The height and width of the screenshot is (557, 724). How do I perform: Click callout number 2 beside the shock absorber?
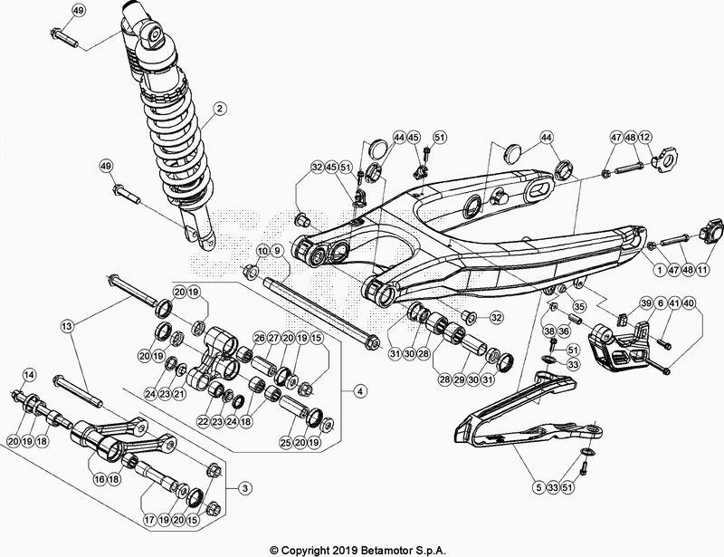pos(219,111)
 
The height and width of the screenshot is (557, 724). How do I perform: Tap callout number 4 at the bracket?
pos(360,391)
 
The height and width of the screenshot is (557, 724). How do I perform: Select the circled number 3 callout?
pos(243,487)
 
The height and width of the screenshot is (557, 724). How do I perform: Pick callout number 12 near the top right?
pos(645,138)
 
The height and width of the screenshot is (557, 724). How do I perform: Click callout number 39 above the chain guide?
pos(646,303)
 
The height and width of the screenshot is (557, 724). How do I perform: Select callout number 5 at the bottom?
pos(538,487)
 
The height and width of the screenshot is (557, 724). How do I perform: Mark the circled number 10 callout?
pos(262,250)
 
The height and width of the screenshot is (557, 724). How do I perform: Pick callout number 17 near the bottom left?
pos(149,522)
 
